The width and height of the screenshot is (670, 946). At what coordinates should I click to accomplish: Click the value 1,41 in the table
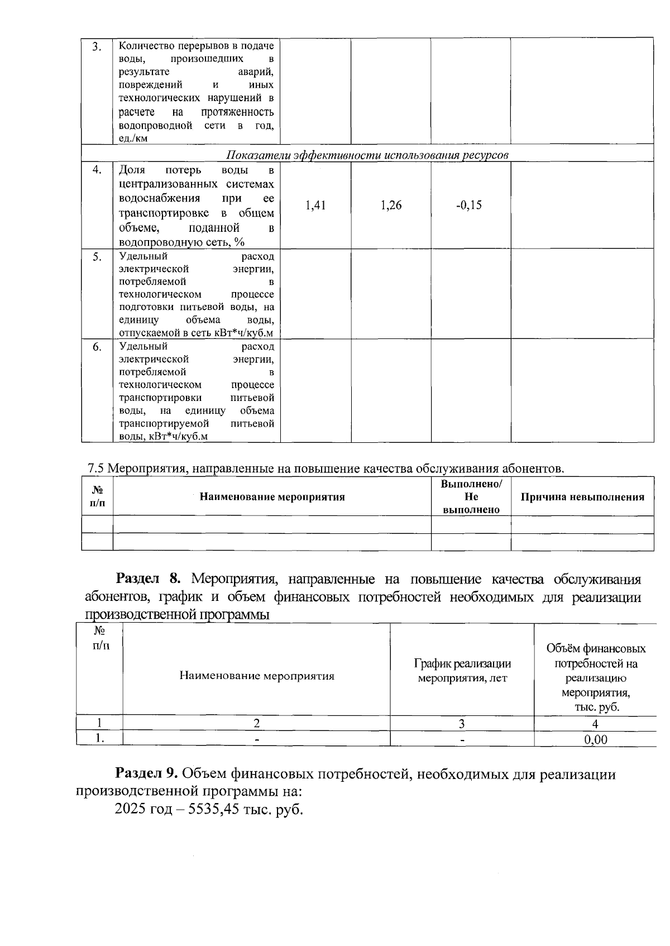tap(315, 206)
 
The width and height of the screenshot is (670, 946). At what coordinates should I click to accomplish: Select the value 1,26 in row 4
tap(391, 206)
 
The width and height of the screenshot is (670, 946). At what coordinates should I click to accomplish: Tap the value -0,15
tap(469, 206)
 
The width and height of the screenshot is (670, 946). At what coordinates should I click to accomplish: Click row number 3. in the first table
tap(97, 46)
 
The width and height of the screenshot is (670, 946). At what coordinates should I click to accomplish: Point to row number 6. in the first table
tap(97, 347)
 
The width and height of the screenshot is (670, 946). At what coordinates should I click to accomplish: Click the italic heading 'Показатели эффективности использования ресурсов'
tap(367, 155)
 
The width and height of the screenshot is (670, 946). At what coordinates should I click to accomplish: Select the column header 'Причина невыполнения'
tap(582, 497)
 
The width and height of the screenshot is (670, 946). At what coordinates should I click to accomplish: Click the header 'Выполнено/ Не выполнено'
tap(471, 496)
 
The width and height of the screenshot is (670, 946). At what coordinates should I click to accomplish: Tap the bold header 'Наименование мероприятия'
tap(272, 497)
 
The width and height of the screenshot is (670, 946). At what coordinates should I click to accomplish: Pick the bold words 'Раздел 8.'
tap(149, 579)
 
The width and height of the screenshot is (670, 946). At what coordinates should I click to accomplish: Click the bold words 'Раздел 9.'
tap(147, 774)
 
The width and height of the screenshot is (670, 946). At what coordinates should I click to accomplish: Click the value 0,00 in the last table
tap(595, 740)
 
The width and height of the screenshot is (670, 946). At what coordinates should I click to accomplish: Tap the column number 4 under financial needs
tap(595, 724)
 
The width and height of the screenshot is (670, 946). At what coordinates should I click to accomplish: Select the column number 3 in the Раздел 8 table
tap(462, 724)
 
